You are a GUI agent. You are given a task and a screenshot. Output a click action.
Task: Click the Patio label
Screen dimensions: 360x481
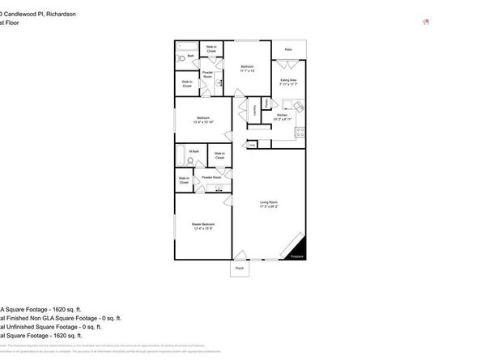click(x=288, y=49)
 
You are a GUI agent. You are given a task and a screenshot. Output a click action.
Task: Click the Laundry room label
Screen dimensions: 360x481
click(x=256, y=108)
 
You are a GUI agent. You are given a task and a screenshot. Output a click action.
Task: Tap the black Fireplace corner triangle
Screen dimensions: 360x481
click(x=300, y=251)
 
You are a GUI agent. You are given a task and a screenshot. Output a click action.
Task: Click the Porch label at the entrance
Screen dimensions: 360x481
click(x=240, y=268)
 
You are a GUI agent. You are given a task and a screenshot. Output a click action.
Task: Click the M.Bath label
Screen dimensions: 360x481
click(x=194, y=151)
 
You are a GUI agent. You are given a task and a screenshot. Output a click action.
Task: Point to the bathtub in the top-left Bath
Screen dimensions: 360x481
click(x=185, y=44)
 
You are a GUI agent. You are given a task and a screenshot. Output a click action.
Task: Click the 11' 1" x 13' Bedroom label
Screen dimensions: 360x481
click(x=247, y=68)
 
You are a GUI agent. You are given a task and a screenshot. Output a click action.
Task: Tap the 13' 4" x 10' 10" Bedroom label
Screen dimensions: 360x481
click(x=202, y=121)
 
